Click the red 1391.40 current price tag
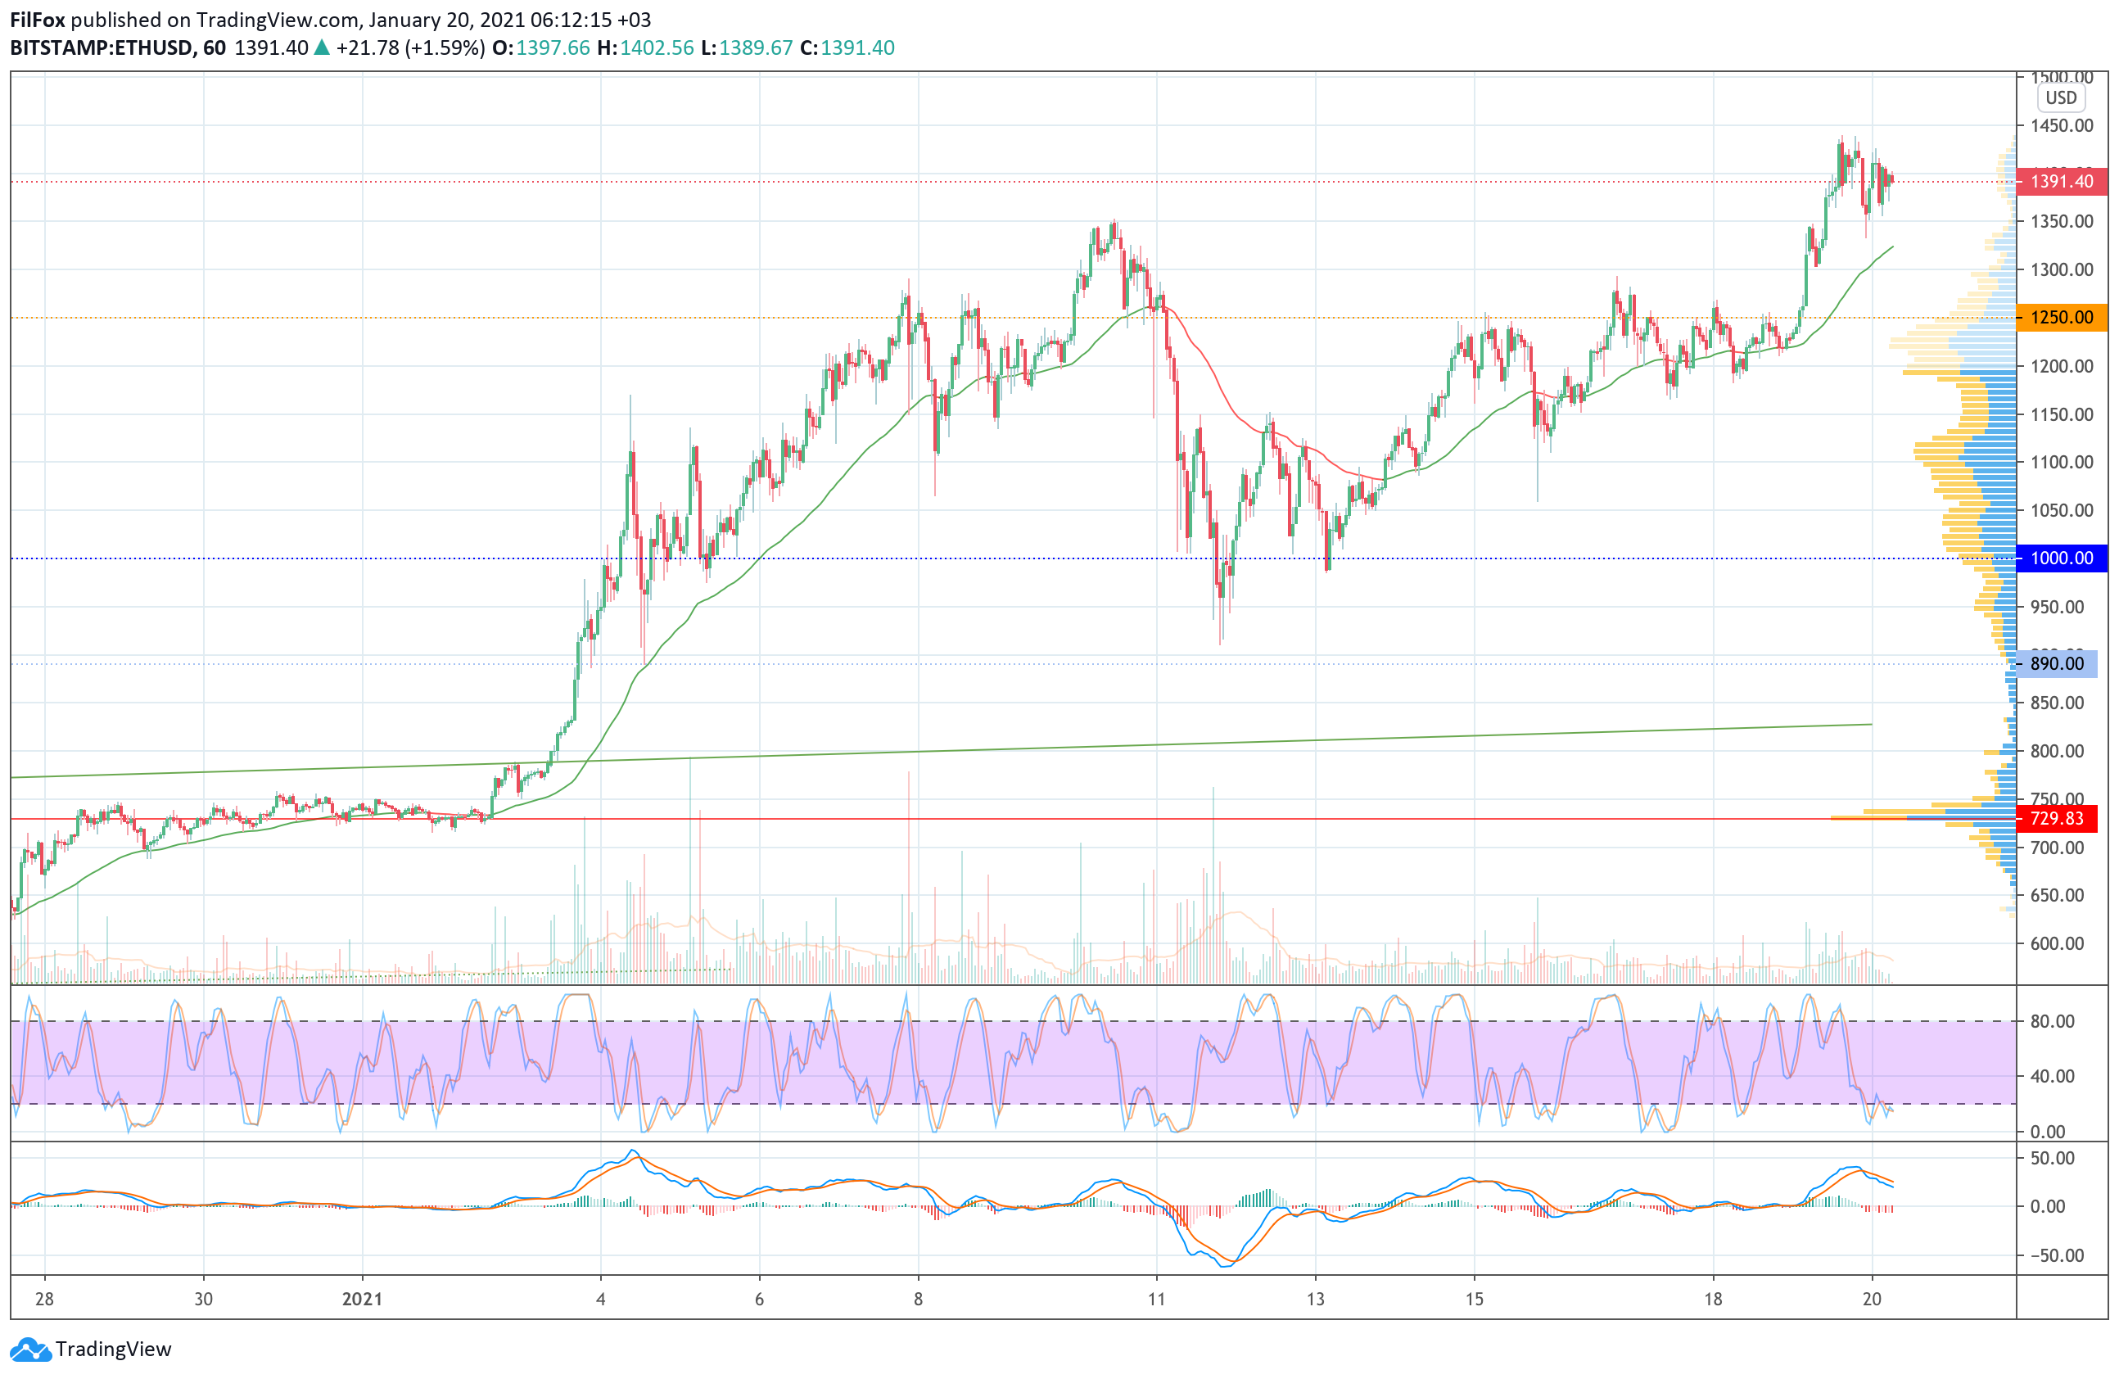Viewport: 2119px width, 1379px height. point(2060,182)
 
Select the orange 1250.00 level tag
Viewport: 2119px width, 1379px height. point(2060,318)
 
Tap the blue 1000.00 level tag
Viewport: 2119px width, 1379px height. point(2060,558)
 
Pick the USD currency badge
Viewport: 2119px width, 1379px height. point(2060,98)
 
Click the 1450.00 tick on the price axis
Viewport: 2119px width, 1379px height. point(2061,125)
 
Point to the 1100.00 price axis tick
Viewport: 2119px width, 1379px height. point(2061,462)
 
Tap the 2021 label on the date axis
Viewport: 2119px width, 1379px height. point(363,1299)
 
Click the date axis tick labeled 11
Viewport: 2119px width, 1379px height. point(1155,1299)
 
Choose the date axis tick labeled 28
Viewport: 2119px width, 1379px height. point(44,1299)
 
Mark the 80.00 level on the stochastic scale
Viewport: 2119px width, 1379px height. point(2052,1021)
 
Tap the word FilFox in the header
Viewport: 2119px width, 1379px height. point(38,20)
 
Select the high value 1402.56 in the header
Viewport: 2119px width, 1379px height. point(656,48)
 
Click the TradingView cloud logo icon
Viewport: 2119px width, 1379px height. point(30,1350)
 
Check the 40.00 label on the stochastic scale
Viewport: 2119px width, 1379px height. point(2052,1076)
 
